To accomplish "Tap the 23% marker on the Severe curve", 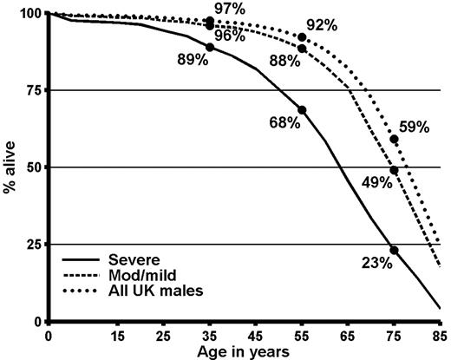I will point(395,250).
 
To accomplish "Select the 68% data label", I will point(284,123).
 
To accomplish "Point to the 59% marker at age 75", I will point(395,139).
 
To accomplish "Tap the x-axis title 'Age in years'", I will point(244,350).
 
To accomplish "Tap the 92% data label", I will point(322,25).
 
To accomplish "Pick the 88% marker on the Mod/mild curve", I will point(302,49).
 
